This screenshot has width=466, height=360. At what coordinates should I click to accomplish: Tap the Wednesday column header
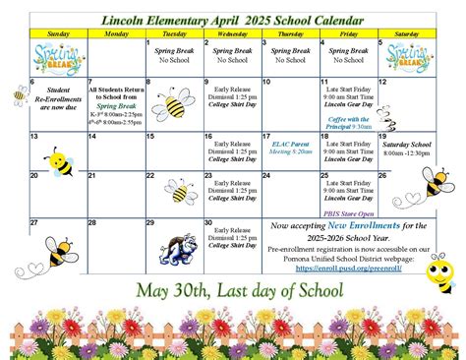coord(231,31)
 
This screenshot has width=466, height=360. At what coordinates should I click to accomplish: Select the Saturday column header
coord(405,31)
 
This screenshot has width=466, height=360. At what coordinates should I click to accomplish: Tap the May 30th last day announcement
coord(232,292)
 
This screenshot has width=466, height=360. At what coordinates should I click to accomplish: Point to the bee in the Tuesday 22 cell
coord(181,190)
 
